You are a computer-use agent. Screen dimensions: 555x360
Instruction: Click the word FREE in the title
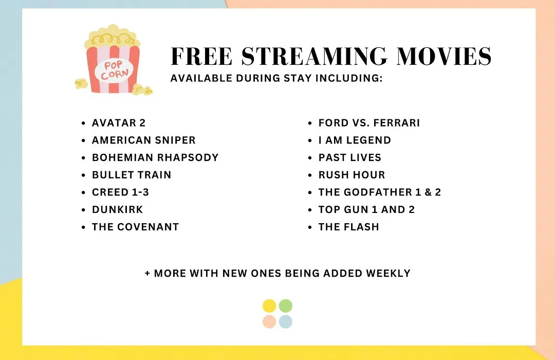201,57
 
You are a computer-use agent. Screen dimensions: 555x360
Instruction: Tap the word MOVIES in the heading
444,57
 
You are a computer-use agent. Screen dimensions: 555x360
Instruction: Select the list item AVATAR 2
119,123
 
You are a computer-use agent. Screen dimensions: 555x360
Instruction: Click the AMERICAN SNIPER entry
144,140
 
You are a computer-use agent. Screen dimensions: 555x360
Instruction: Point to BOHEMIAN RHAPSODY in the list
155,158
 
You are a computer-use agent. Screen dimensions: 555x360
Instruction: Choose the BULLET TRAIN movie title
132,175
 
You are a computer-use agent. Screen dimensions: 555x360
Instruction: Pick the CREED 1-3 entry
120,192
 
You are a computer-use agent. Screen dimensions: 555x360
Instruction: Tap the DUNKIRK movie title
118,210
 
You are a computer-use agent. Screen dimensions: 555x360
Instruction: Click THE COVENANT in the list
136,227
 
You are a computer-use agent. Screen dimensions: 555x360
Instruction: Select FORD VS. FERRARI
369,123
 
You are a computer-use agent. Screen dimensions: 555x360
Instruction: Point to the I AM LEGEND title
355,140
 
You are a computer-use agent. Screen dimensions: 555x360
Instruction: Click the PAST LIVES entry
350,158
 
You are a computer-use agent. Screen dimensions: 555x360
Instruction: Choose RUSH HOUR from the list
352,175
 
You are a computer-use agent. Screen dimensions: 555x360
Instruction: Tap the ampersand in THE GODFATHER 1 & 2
428,192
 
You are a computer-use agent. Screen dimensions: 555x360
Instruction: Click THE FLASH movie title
348,227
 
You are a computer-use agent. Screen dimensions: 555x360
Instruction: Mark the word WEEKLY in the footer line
388,274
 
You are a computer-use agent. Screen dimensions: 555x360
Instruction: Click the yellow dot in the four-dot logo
269,306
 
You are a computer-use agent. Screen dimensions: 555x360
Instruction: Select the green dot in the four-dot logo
286,306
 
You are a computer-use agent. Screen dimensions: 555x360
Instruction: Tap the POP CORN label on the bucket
114,70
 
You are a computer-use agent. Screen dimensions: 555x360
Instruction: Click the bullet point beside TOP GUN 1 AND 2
310,210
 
